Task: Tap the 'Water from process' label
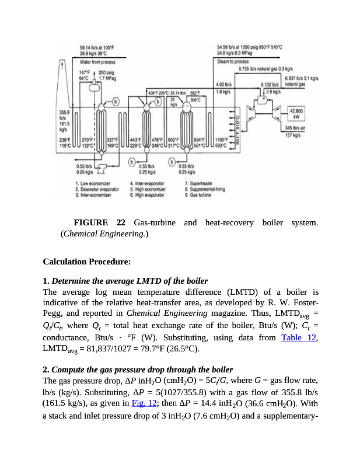[97, 62]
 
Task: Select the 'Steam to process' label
[232, 61]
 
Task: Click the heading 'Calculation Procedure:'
[86, 262]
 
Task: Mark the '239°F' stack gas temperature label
[65, 140]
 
